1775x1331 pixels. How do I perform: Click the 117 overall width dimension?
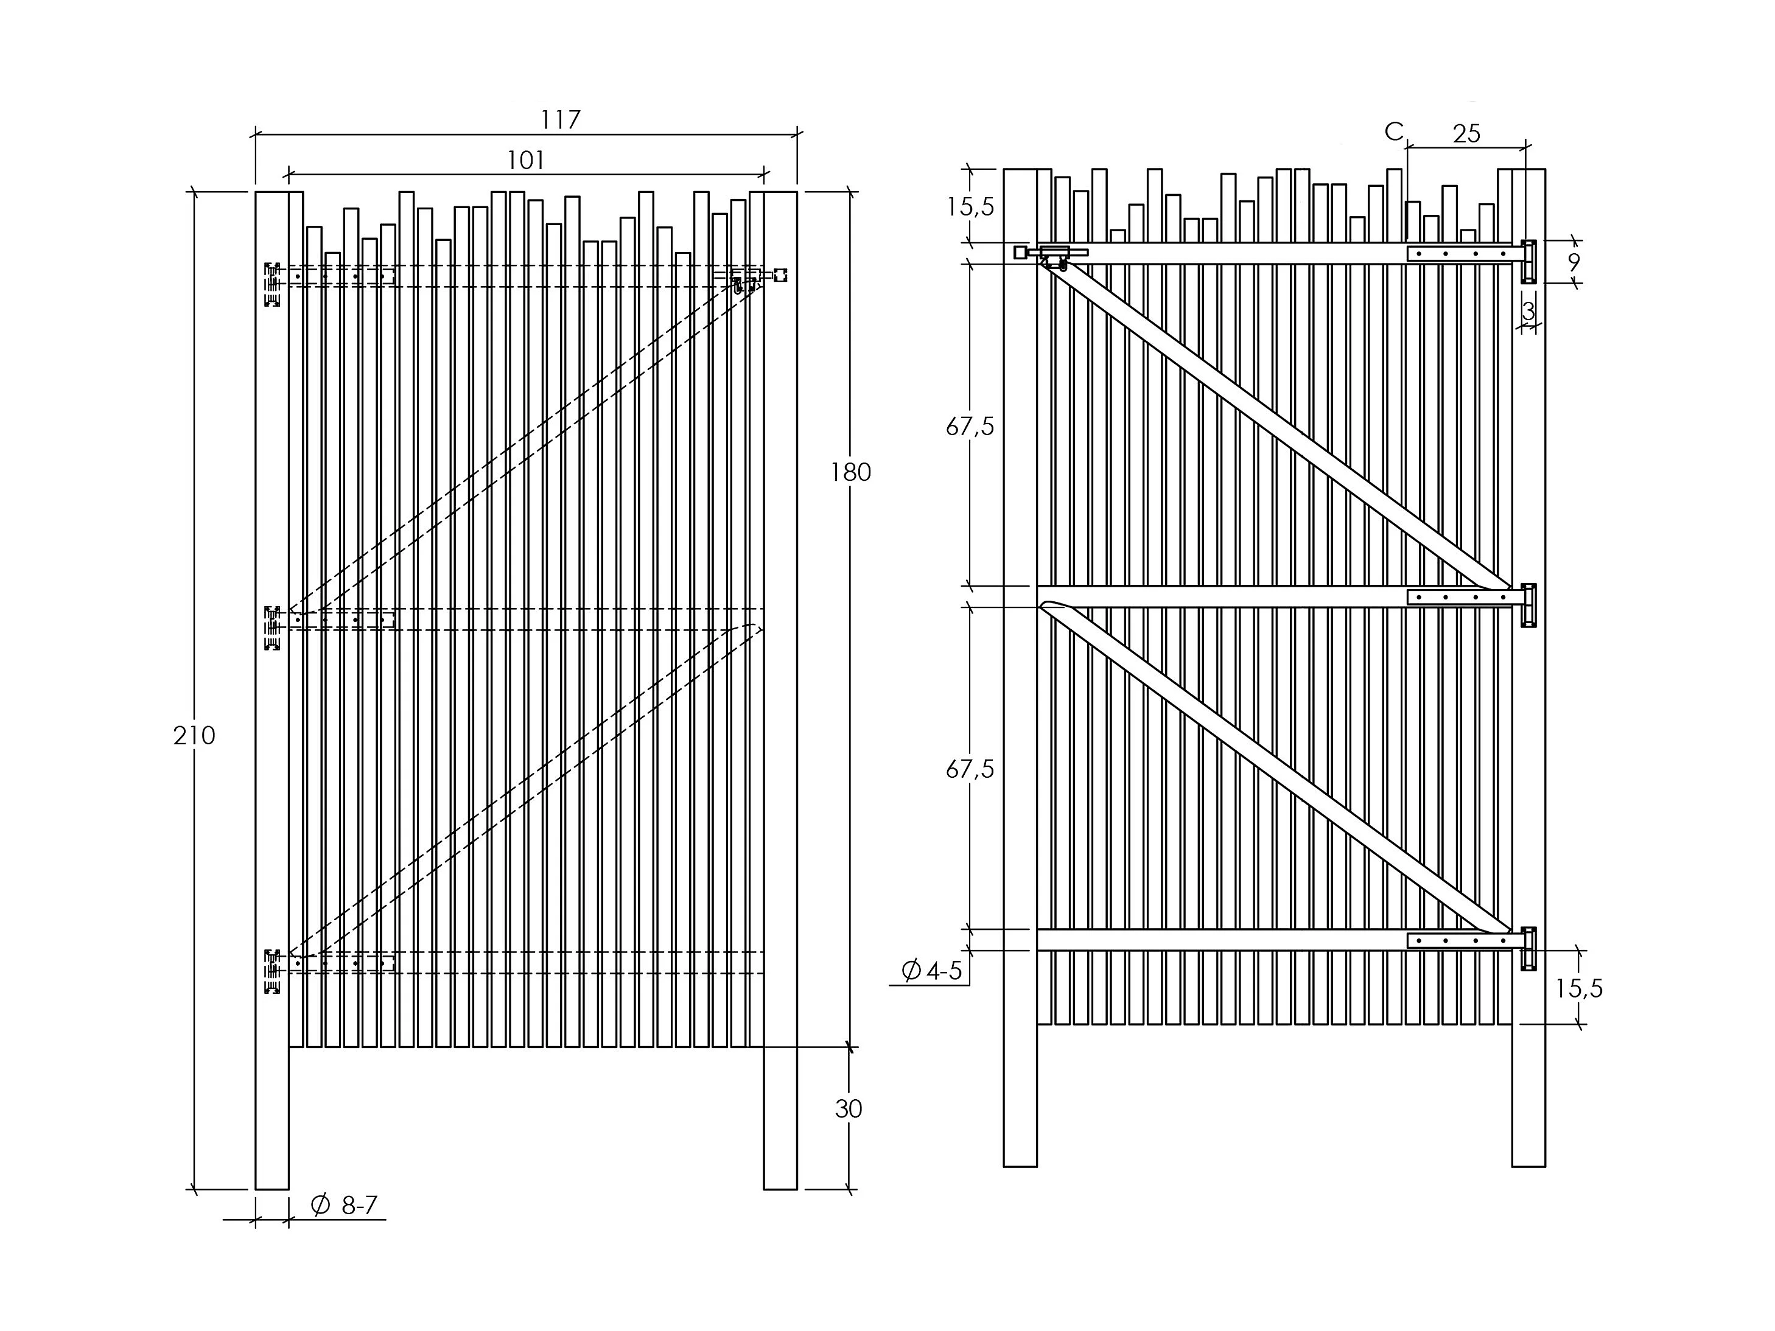click(559, 121)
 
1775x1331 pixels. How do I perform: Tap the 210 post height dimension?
click(194, 735)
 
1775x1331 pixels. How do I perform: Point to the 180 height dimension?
click(850, 472)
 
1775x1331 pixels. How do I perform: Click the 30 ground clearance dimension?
click(848, 1109)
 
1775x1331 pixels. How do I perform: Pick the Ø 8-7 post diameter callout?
click(343, 1205)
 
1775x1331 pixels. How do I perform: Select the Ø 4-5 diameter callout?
click(932, 971)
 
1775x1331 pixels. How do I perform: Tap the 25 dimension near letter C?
click(1466, 134)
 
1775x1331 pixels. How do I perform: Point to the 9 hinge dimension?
click(1574, 262)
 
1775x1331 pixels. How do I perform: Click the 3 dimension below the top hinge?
click(1528, 311)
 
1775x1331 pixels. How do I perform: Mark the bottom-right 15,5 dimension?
click(1578, 989)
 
